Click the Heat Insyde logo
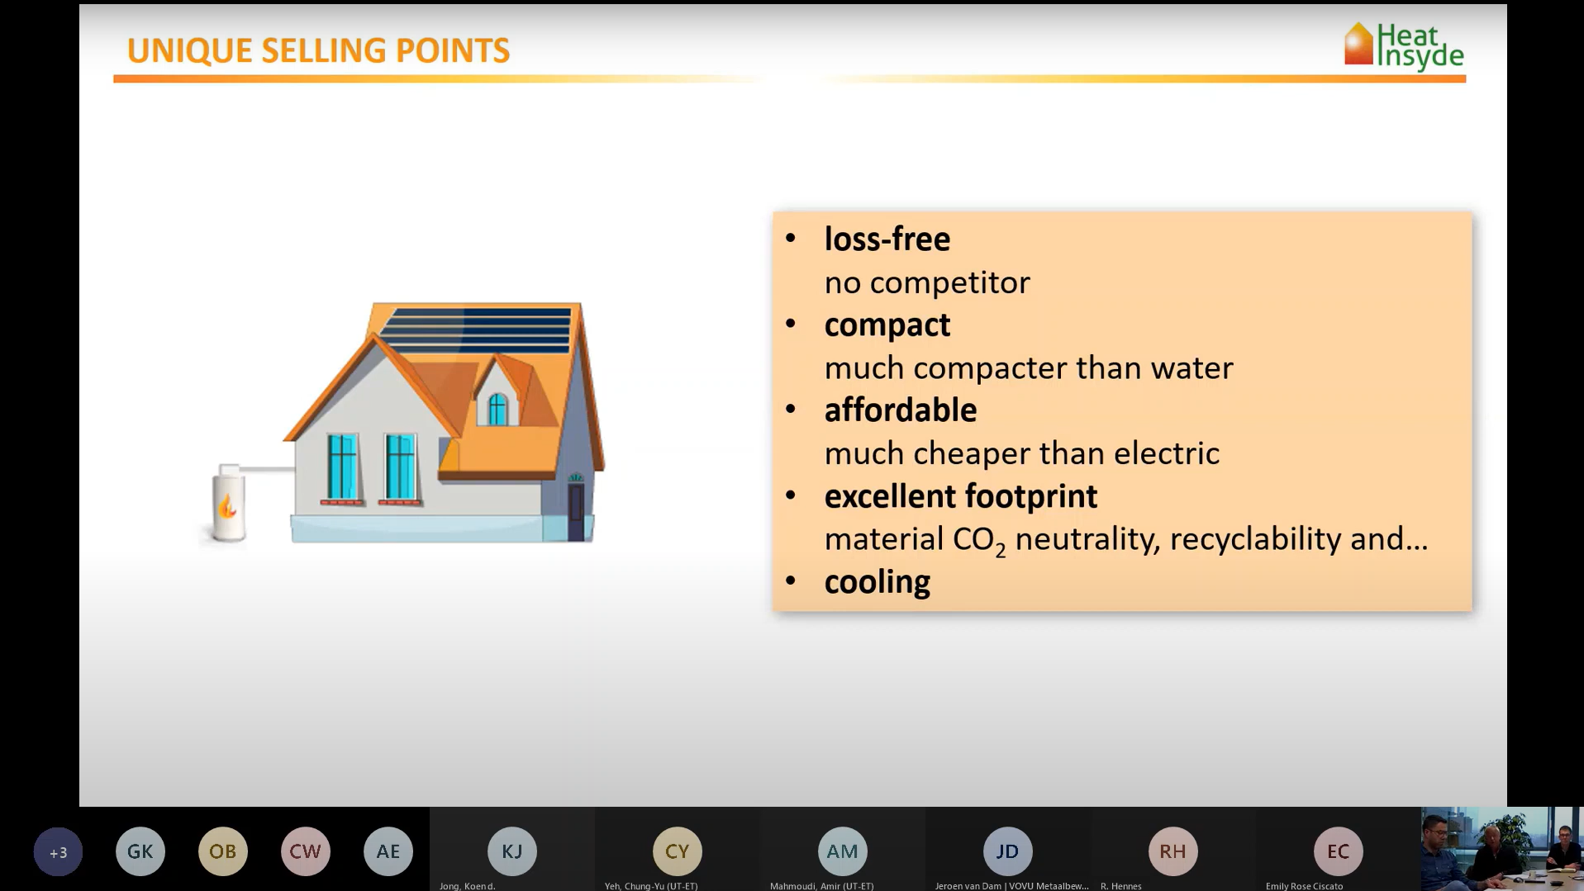pyautogui.click(x=1404, y=45)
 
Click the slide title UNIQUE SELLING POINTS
pyautogui.click(x=318, y=50)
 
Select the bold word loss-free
pyautogui.click(x=887, y=239)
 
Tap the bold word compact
pyautogui.click(x=887, y=325)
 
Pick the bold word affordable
pyautogui.click(x=900, y=410)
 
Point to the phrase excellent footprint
pyautogui.click(x=960, y=496)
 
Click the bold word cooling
pyautogui.click(x=877, y=582)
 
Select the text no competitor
pyautogui.click(x=926, y=282)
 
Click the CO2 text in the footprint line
pyautogui.click(x=979, y=541)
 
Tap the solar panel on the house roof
pyautogui.click(x=474, y=330)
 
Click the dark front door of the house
pyautogui.click(x=576, y=512)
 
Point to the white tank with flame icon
pyautogui.click(x=229, y=503)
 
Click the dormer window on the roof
pyautogui.click(x=497, y=410)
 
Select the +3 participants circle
pyautogui.click(x=58, y=851)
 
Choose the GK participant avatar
pyautogui.click(x=140, y=851)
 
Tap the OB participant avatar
pyautogui.click(x=223, y=851)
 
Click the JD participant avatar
pyautogui.click(x=1007, y=851)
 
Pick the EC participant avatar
pyautogui.click(x=1338, y=851)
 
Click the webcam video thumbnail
pyautogui.click(x=1502, y=849)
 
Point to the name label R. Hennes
pyautogui.click(x=1120, y=886)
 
